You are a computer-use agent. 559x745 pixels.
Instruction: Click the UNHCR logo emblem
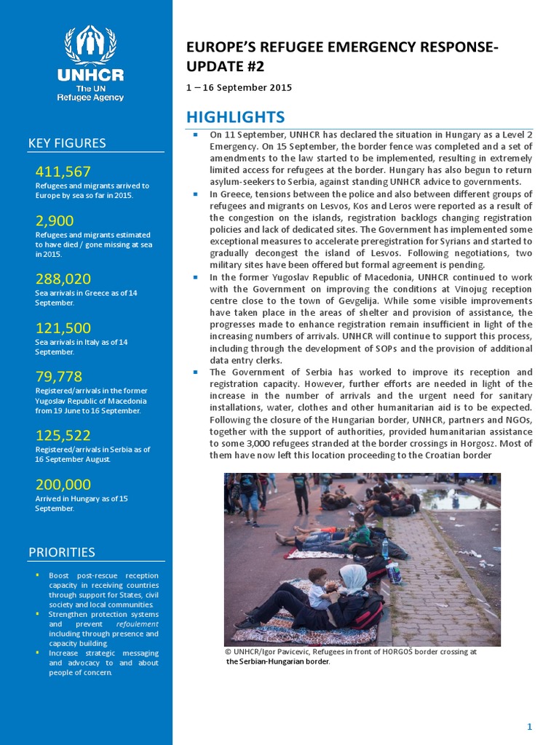pyautogui.click(x=94, y=46)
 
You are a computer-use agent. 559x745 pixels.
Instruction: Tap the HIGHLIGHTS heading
pyautogui.click(x=235, y=117)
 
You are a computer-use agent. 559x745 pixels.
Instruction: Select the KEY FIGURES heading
pyautogui.click(x=67, y=143)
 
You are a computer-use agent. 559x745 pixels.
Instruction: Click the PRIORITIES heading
pyautogui.click(x=62, y=551)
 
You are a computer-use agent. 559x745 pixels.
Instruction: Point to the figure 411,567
pyautogui.click(x=63, y=172)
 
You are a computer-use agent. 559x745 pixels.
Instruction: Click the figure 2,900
pyautogui.click(x=55, y=220)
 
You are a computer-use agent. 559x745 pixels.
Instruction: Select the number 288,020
pyautogui.click(x=63, y=279)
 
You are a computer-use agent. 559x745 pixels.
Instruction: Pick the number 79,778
pyautogui.click(x=58, y=376)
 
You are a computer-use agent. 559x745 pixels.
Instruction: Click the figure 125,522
pyautogui.click(x=63, y=435)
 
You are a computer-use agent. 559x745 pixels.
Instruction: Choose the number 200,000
pyautogui.click(x=63, y=484)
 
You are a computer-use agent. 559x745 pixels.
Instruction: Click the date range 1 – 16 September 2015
pyautogui.click(x=239, y=87)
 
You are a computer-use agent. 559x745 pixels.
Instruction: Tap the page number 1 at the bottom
pyautogui.click(x=529, y=728)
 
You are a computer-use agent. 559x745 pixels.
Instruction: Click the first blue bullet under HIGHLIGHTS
pyautogui.click(x=196, y=135)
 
